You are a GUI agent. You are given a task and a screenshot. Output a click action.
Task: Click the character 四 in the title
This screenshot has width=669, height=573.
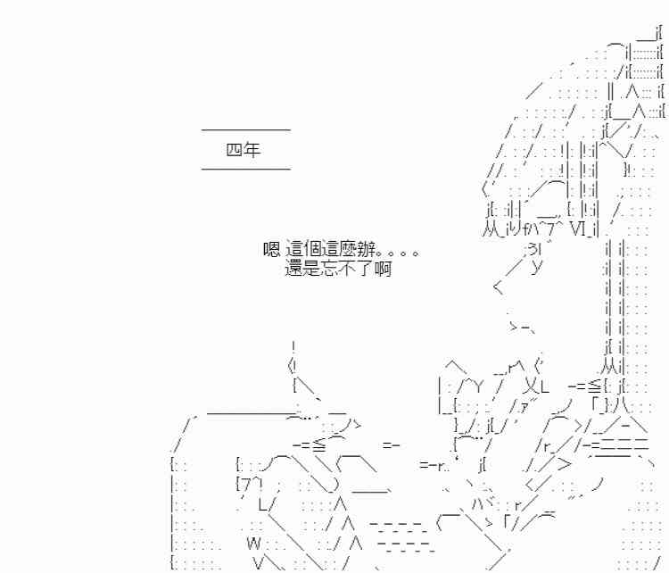click(x=235, y=150)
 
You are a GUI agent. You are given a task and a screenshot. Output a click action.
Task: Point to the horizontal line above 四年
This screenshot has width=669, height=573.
click(x=246, y=130)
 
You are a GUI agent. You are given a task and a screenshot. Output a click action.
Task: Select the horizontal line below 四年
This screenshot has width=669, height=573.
click(x=246, y=169)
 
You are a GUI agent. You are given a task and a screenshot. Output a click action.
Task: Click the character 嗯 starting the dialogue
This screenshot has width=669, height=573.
click(x=272, y=251)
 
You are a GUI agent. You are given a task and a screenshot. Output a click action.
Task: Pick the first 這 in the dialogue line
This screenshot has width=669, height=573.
click(x=295, y=251)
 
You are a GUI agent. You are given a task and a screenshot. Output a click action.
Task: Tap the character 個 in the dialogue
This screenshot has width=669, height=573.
click(x=312, y=251)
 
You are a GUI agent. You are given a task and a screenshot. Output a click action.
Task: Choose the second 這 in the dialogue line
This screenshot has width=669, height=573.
click(x=329, y=251)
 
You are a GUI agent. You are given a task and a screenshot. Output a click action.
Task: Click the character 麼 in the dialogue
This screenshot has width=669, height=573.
click(x=347, y=251)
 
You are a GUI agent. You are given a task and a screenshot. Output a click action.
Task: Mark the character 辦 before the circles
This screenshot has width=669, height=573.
click(x=364, y=251)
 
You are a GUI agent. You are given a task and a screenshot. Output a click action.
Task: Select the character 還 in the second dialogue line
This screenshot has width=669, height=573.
click(x=294, y=268)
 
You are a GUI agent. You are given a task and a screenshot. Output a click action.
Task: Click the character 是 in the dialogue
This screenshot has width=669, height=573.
click(x=312, y=268)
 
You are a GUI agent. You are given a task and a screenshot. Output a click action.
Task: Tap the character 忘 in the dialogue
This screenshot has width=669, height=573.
click(x=330, y=268)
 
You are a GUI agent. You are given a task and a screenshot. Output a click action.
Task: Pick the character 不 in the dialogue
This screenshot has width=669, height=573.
click(x=348, y=268)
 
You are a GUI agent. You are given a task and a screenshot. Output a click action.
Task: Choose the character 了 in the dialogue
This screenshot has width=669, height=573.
click(x=366, y=268)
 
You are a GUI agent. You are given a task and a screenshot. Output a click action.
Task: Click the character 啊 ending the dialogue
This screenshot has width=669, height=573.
click(x=383, y=268)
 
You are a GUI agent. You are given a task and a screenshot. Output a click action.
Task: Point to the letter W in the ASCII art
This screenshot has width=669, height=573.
click(x=253, y=543)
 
